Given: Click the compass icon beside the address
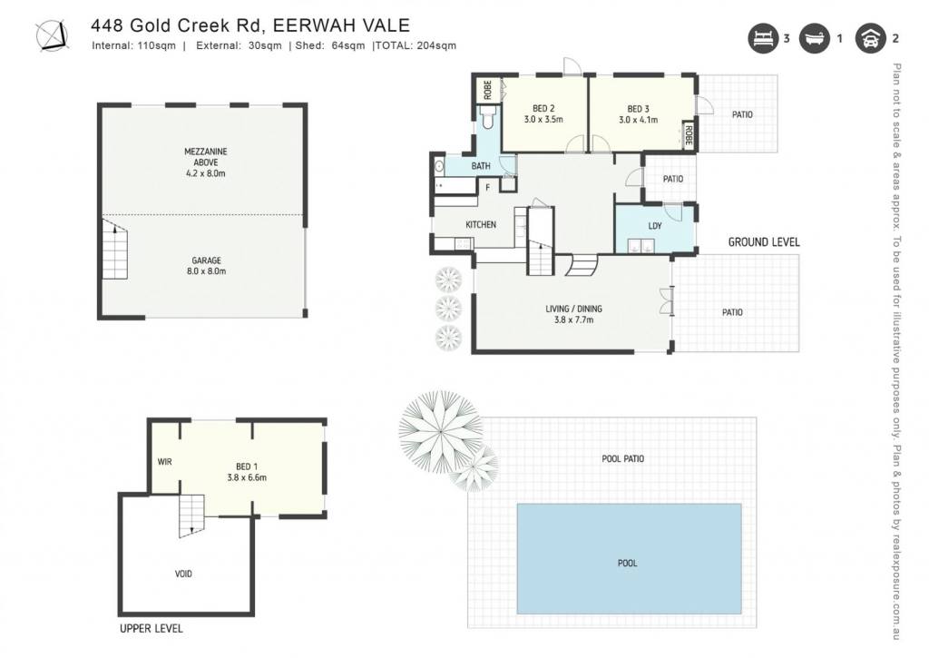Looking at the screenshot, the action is [52, 36].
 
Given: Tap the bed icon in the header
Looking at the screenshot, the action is [762, 38].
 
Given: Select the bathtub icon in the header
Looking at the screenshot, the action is [814, 38].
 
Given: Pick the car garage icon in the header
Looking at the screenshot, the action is [870, 38].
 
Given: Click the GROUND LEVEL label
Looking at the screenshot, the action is [764, 241].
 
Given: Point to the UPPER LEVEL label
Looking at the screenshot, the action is [152, 628].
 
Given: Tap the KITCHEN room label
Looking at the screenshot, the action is [481, 225].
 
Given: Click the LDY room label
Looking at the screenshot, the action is [655, 226].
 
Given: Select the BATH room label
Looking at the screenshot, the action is [481, 166].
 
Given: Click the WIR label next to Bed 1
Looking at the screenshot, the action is [165, 461].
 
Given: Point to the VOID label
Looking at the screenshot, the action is [183, 574].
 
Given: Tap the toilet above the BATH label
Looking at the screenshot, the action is [487, 118].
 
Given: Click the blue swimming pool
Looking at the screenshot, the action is [630, 559].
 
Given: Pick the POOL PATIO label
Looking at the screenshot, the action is [622, 459].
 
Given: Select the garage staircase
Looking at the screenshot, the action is [114, 249].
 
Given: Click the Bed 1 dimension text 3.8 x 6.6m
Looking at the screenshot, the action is [247, 477].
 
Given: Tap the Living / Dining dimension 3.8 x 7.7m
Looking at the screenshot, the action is [573, 320].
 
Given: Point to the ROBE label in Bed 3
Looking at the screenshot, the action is [689, 135].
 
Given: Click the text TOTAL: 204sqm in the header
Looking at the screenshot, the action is [416, 45].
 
